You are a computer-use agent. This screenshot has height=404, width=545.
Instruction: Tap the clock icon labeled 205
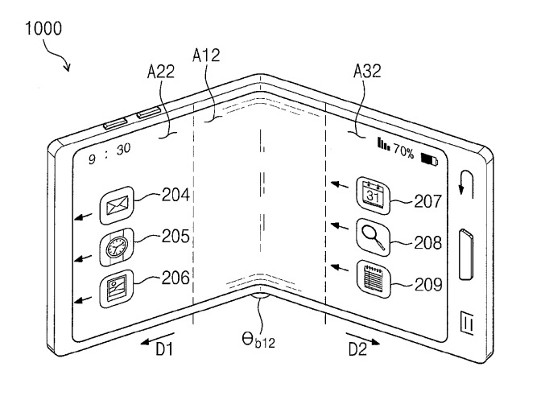(114, 248)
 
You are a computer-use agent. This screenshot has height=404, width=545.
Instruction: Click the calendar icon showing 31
(373, 193)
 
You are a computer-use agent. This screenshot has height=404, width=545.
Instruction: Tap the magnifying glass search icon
(373, 237)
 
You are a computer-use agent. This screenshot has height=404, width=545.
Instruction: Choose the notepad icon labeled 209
(373, 278)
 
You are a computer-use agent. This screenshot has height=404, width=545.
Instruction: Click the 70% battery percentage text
(403, 151)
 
